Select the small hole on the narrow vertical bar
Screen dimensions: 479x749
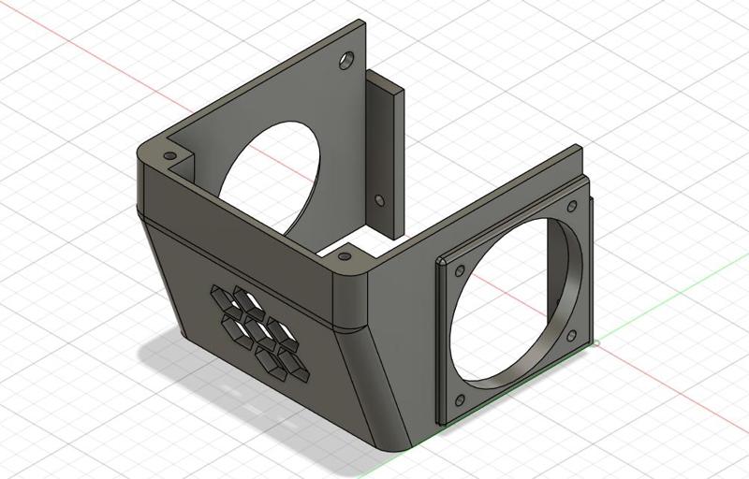[379, 200]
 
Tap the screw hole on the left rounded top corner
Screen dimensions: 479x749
[169, 155]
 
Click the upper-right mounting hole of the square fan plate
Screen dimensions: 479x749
[573, 207]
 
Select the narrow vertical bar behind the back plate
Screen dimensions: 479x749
[385, 150]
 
